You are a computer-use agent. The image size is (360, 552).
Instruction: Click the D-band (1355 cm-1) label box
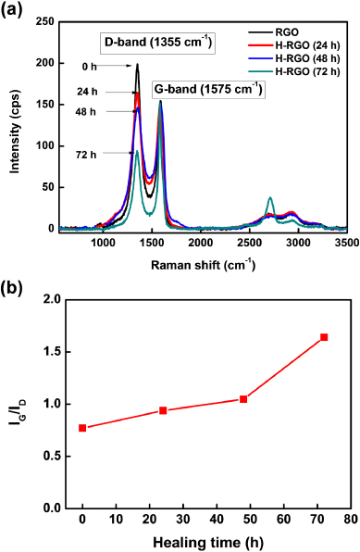(157, 42)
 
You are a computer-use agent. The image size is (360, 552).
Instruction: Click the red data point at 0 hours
(82, 428)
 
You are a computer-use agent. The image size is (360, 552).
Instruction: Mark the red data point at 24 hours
(163, 410)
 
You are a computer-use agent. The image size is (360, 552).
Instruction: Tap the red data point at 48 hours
(243, 399)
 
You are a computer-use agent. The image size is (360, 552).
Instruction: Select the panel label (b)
(17, 288)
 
